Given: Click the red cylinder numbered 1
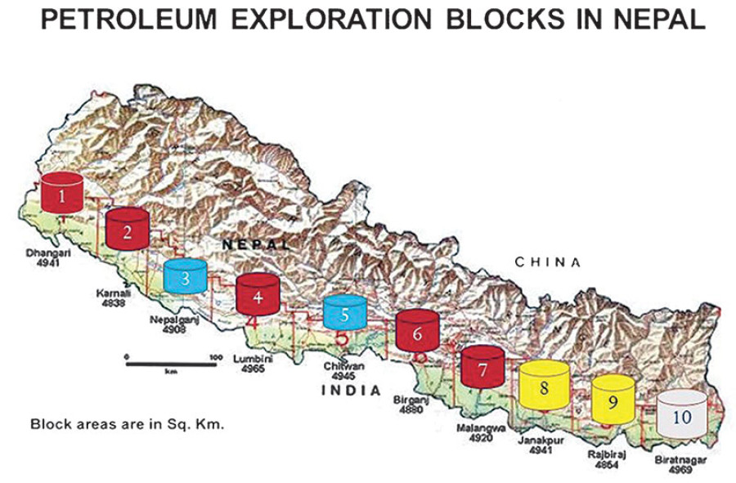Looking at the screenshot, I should tap(61, 194).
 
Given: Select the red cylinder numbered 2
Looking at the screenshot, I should tap(127, 229).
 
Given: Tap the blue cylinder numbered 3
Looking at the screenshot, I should tap(186, 278).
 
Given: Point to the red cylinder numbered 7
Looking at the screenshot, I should tap(483, 367).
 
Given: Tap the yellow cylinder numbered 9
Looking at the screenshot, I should tap(611, 400).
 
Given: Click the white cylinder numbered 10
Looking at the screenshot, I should tap(681, 414).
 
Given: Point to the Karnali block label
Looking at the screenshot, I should tap(105, 296).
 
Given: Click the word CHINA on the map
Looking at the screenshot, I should tap(547, 262).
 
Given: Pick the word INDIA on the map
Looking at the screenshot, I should tap(351, 391).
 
